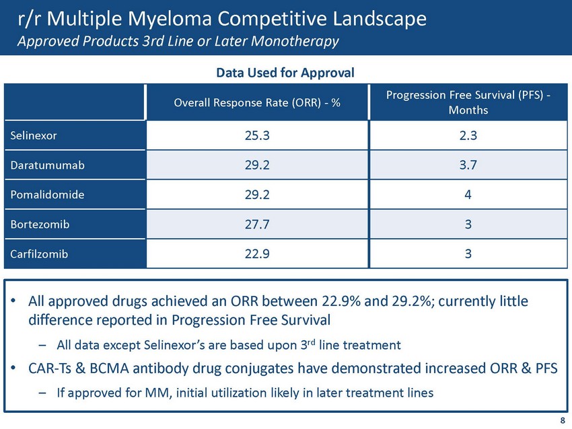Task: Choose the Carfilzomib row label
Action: tap(39, 255)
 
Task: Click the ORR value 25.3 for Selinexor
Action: tap(258, 135)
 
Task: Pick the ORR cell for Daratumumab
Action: tap(258, 165)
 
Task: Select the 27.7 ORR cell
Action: tap(258, 225)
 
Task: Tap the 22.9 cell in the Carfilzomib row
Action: tap(258, 255)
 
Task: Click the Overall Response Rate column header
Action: tap(258, 103)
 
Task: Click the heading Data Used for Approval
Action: tap(285, 72)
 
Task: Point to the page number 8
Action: tap(563, 420)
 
